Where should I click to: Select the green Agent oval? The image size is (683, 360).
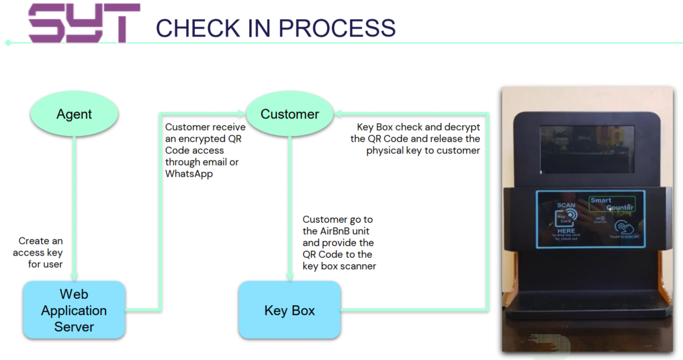point(74,114)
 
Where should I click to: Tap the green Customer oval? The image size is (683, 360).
point(290,114)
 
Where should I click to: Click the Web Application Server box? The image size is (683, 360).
point(74,310)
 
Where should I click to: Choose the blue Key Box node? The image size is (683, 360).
point(290,310)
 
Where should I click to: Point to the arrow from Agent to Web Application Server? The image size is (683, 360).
point(75,204)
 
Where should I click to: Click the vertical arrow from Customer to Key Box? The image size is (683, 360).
point(290,204)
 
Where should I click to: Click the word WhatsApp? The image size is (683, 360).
point(189,174)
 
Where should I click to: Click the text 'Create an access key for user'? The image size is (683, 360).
point(39,253)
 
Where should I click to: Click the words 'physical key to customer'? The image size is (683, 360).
point(423,151)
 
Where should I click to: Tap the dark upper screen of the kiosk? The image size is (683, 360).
point(586,149)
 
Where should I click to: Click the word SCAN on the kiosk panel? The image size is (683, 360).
point(566,205)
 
